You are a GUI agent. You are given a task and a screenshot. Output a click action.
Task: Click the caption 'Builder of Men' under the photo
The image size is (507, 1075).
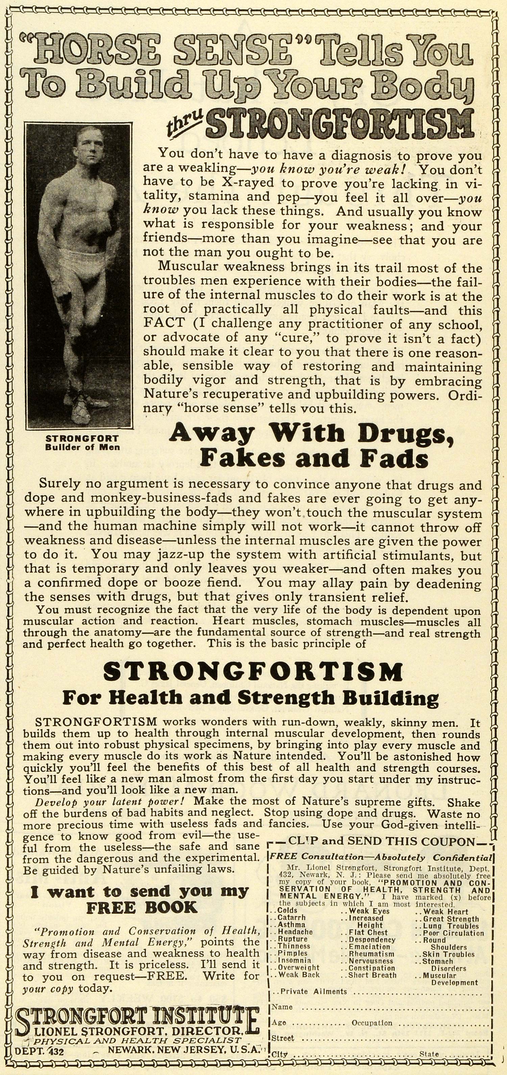[x=82, y=447]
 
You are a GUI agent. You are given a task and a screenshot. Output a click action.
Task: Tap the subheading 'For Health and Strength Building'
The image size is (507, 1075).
[x=250, y=697]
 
